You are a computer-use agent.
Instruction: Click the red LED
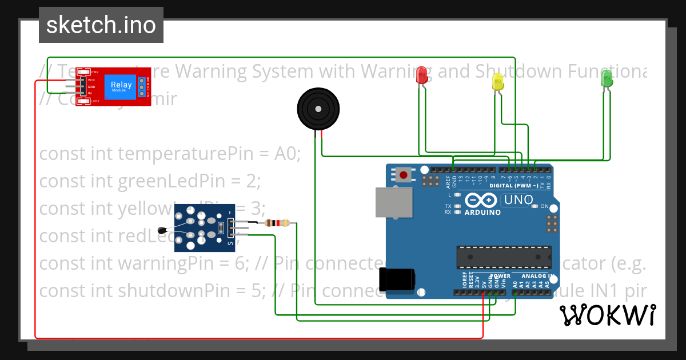pyautogui.click(x=422, y=75)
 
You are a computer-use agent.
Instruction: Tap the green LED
pyautogui.click(x=607, y=78)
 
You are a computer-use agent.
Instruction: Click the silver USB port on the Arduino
pyautogui.click(x=393, y=202)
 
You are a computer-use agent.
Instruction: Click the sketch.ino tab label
pyautogui.click(x=101, y=25)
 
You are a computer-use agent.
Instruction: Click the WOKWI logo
pyautogui.click(x=607, y=315)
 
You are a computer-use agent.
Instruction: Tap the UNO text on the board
pyautogui.click(x=519, y=201)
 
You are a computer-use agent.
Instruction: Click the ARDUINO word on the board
pyautogui.click(x=482, y=213)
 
